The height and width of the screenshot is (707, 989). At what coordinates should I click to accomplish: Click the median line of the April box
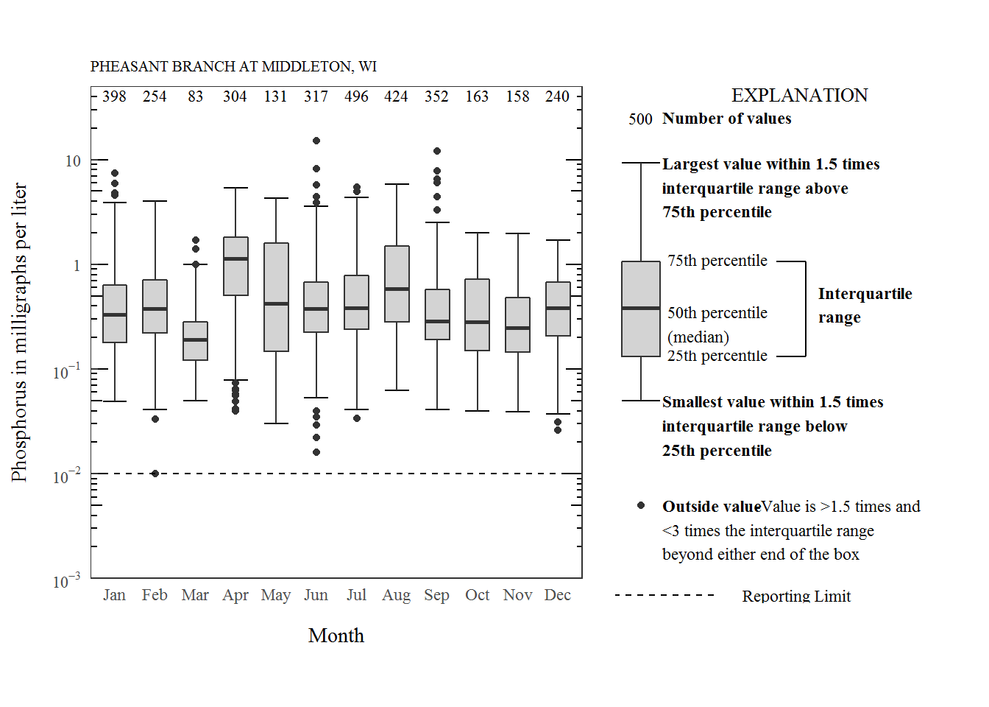point(235,258)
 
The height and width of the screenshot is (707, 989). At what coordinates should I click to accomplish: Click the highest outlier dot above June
point(316,141)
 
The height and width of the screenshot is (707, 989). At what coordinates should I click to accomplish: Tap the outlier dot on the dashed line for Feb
point(155,474)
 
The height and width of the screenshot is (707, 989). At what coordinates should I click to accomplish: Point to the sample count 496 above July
point(356,96)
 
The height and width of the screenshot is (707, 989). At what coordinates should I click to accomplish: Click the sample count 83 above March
point(195,96)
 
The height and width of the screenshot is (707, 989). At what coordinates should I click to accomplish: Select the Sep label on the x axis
point(436,595)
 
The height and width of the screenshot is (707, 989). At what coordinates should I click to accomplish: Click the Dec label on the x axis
point(557,595)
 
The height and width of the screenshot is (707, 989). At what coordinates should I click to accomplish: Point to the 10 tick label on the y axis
point(73,161)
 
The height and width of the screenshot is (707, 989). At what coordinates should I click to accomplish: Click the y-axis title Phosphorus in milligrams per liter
point(19,332)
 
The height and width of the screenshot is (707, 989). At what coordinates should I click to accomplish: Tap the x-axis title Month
point(336,636)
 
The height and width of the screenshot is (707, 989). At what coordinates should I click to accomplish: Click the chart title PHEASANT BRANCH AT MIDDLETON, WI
point(233,66)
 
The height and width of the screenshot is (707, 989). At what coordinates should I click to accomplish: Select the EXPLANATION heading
point(799,95)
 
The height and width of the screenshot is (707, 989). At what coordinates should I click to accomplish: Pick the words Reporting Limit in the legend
point(796,596)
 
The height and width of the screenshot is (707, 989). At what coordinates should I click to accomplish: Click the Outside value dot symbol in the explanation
point(641,505)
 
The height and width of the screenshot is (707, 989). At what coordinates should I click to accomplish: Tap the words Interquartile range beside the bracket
point(865,305)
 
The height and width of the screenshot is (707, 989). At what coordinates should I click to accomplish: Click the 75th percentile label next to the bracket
point(717,261)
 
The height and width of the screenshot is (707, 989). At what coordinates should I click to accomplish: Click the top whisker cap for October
point(477,233)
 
